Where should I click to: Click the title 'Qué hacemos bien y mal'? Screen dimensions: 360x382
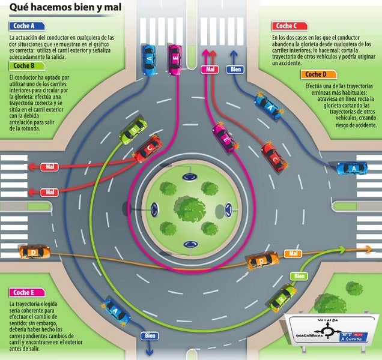[60, 8]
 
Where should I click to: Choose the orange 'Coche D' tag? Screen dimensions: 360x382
[315, 74]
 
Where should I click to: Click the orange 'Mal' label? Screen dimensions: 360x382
[294, 254]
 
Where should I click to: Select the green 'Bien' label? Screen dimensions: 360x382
[298, 276]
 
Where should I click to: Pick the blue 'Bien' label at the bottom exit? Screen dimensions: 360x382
[148, 336]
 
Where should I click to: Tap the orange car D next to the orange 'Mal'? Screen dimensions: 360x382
[263, 260]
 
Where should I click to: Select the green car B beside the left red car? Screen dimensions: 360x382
[133, 130]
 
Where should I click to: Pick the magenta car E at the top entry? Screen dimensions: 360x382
[174, 59]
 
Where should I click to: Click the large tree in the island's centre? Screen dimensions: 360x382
[192, 208]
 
